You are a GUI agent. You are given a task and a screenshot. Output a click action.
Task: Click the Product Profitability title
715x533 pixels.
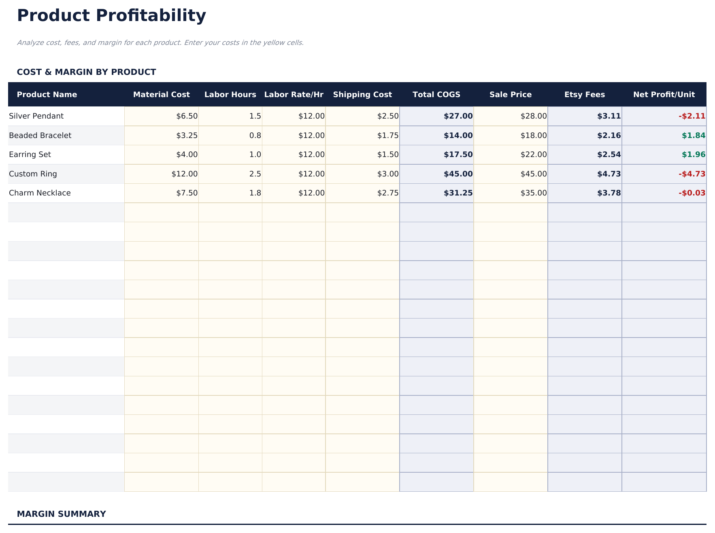tap(111, 16)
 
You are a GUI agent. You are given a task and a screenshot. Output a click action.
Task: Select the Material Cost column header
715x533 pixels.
tap(161, 95)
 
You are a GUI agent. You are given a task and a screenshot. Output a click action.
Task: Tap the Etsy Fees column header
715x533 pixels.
tap(584, 95)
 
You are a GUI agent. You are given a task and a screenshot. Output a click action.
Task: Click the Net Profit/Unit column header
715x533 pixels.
tap(664, 95)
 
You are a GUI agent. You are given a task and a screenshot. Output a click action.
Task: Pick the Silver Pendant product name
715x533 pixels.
tap(36, 116)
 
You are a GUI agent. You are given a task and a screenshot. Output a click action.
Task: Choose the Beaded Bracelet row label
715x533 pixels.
tap(40, 136)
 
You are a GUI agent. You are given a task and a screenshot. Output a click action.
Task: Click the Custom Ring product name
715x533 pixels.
tap(33, 174)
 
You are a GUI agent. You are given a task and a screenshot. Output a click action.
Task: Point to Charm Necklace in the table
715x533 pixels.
tap(40, 193)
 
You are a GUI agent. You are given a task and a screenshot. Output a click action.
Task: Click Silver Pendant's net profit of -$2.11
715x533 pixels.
tap(692, 116)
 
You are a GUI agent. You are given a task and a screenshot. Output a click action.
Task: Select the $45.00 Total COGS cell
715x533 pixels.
tap(458, 174)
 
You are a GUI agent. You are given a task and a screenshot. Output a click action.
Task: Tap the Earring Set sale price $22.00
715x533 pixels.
tap(534, 155)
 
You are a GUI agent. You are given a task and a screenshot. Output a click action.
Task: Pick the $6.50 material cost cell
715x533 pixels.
tap(187, 116)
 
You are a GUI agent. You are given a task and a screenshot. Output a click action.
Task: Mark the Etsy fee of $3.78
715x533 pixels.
tap(609, 193)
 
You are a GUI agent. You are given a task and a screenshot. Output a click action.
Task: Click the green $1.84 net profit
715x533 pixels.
tap(693, 136)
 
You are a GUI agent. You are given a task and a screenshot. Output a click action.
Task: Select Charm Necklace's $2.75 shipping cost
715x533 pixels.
tap(387, 193)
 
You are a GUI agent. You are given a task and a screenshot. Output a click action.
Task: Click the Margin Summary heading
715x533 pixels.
tap(61, 514)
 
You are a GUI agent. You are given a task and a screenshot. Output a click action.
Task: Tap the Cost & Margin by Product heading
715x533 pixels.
tap(86, 72)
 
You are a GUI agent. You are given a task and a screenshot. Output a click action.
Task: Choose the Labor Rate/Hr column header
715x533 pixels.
tap(294, 95)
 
